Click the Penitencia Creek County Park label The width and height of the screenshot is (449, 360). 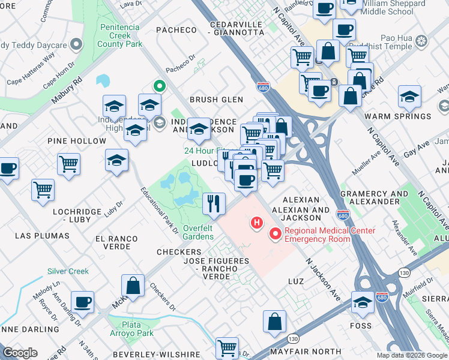point(121,35)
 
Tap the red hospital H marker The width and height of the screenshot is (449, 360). point(257,224)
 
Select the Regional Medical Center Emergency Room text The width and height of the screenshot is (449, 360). point(330,235)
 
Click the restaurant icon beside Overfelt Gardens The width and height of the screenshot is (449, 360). point(214,203)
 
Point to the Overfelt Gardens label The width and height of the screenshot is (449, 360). point(198,232)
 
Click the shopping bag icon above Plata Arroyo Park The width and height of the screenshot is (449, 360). point(133,286)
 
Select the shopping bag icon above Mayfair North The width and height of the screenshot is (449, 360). point(274,321)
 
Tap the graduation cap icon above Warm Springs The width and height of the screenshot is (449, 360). point(409,97)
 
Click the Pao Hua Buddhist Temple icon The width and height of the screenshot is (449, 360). point(421,41)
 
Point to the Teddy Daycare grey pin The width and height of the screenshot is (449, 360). point(76,44)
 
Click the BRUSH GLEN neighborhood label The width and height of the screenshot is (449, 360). point(216,100)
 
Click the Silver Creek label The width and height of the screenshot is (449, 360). point(68,271)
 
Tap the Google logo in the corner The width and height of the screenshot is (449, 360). point(20,353)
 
